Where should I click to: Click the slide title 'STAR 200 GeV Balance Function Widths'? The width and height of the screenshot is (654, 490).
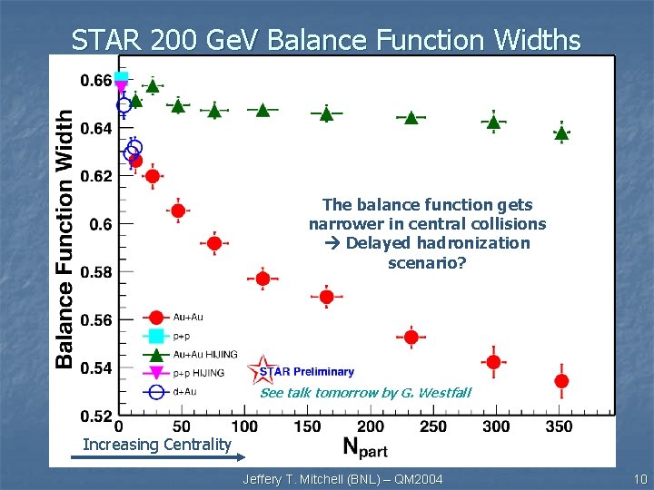[x=326, y=40]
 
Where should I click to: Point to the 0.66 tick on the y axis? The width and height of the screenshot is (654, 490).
[x=96, y=81]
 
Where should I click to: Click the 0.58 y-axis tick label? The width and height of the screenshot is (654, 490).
[x=96, y=272]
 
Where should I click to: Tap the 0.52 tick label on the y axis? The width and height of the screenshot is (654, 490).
[x=96, y=416]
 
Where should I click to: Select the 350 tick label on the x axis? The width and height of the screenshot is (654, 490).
[x=560, y=426]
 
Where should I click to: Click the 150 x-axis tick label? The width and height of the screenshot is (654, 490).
[x=308, y=426]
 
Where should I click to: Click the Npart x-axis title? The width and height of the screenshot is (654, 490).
[x=366, y=446]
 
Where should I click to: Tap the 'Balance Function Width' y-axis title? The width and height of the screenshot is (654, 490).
[x=64, y=240]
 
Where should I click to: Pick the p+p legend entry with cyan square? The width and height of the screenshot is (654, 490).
[x=181, y=336]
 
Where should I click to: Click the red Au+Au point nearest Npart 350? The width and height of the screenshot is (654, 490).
[x=561, y=380]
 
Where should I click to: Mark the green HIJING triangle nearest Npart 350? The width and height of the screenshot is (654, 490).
[x=561, y=133]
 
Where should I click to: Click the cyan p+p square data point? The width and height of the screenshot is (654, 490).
[x=122, y=78]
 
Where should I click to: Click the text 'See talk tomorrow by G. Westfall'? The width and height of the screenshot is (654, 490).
[x=366, y=393]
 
